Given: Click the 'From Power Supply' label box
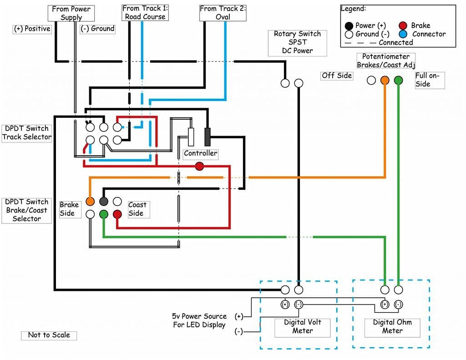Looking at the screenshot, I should [x=71, y=13].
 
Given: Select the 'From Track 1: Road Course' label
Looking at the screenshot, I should [x=144, y=12].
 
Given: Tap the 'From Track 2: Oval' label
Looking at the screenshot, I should [x=223, y=13].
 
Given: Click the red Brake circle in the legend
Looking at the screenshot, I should [x=403, y=25].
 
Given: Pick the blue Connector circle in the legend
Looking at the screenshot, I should [x=403, y=34].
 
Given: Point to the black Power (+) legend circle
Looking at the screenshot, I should [x=349, y=25].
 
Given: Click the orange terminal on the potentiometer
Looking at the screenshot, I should [x=385, y=81].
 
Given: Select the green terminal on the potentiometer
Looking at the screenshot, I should [x=399, y=81].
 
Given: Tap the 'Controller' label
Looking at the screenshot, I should [x=200, y=153].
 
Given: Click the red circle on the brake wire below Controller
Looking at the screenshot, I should [x=199, y=166].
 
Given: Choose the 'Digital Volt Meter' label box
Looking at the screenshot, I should [x=303, y=327].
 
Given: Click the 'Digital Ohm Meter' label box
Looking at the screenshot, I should [x=392, y=327].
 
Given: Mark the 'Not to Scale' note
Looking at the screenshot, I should [x=49, y=335].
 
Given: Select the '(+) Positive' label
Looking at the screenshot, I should [x=32, y=29].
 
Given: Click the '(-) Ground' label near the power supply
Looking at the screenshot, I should [x=97, y=29].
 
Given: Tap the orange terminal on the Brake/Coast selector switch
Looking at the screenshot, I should [x=90, y=201].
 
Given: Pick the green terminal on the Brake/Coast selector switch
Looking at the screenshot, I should [x=104, y=213].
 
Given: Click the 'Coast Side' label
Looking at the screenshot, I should [x=137, y=209].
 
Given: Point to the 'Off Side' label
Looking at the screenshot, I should [x=337, y=76].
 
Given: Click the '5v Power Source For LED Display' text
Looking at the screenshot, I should [x=199, y=321].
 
